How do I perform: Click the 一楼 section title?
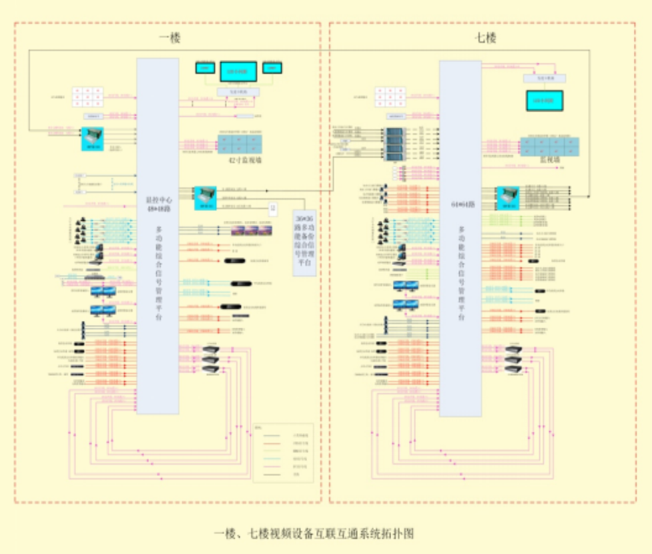click(x=170, y=38)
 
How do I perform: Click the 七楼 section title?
click(x=485, y=38)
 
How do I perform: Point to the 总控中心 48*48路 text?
click(x=157, y=203)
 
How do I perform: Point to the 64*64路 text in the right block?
click(x=460, y=204)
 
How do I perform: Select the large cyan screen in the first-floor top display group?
click(x=238, y=71)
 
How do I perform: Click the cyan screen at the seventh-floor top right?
click(x=545, y=100)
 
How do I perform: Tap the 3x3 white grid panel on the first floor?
click(x=87, y=98)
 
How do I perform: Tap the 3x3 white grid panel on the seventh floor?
click(x=390, y=97)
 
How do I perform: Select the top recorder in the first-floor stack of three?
click(x=211, y=350)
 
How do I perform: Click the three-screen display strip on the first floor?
click(x=251, y=230)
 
